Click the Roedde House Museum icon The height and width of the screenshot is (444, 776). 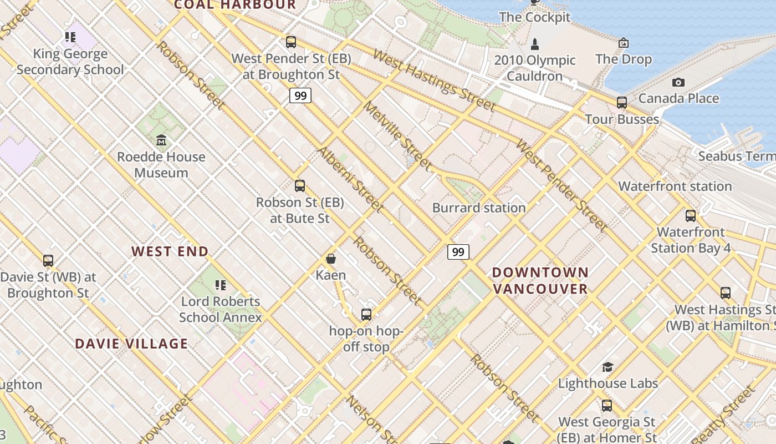pyautogui.click(x=161, y=139)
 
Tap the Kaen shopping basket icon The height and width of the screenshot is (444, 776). pyautogui.click(x=331, y=259)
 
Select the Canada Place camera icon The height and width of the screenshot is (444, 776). pyautogui.click(x=678, y=83)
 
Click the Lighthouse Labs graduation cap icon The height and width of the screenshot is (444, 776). pyautogui.click(x=607, y=367)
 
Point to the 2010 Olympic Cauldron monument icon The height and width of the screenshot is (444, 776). pyautogui.click(x=535, y=44)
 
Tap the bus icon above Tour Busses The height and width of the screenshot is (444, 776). pyautogui.click(x=622, y=103)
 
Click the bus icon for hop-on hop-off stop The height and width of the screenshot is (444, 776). pyautogui.click(x=366, y=315)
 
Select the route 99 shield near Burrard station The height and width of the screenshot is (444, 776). pyautogui.click(x=458, y=252)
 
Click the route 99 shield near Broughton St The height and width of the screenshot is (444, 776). pyautogui.click(x=300, y=95)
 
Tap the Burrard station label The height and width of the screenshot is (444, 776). pyautogui.click(x=479, y=208)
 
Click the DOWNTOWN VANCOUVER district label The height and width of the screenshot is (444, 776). pyautogui.click(x=540, y=280)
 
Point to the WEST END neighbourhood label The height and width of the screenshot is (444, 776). pyautogui.click(x=170, y=251)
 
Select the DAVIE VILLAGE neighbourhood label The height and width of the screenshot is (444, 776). pyautogui.click(x=131, y=344)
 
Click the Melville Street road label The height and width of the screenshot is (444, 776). pyautogui.click(x=397, y=136)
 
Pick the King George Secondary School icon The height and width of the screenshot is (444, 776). pyautogui.click(x=70, y=37)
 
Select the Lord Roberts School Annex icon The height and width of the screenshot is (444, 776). pyautogui.click(x=220, y=285)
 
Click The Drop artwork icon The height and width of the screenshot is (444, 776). pyautogui.click(x=624, y=43)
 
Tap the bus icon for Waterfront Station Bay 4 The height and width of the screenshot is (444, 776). pyautogui.click(x=691, y=216)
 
